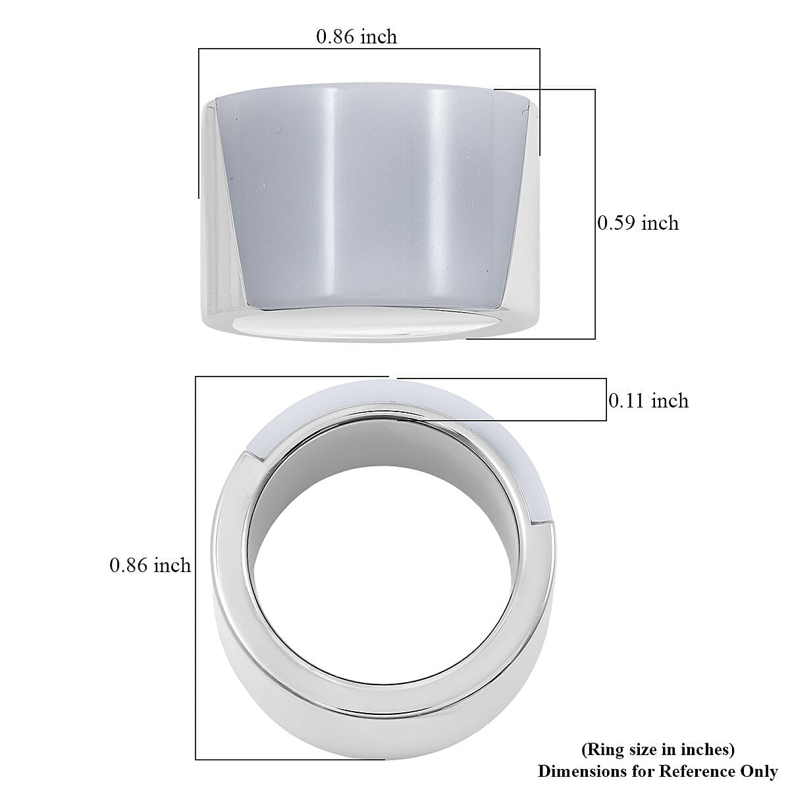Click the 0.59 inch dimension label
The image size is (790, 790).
point(637,223)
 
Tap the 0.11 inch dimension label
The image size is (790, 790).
point(648,400)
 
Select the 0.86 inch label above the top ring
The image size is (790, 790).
point(356,36)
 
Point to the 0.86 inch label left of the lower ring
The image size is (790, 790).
point(150,565)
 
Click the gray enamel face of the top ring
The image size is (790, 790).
point(369,197)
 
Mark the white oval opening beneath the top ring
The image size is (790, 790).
point(369,325)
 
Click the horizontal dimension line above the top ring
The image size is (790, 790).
point(369,49)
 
